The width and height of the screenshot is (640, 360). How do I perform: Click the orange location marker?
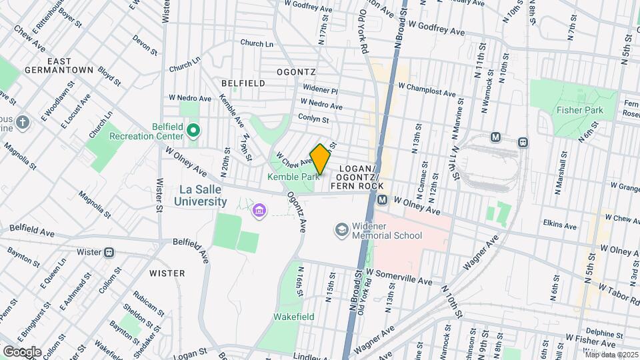point(320,159)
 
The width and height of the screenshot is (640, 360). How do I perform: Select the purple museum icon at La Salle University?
point(259,211)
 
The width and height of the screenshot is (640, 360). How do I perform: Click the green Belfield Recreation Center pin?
point(193,130)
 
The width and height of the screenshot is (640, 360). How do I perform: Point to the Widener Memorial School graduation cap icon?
point(342,229)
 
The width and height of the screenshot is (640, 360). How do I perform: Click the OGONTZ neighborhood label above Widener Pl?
point(297,71)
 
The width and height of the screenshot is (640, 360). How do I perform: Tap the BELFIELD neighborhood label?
point(243,83)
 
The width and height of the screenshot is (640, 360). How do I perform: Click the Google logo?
point(22,351)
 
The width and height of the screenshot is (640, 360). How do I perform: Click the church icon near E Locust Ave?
point(23,122)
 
